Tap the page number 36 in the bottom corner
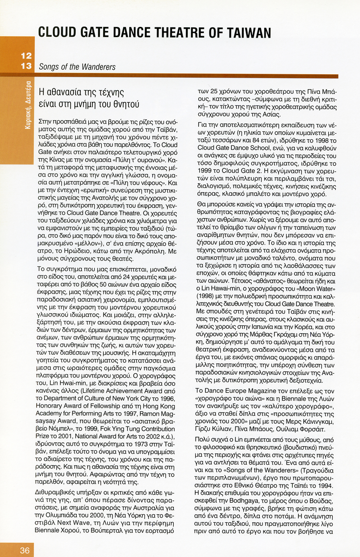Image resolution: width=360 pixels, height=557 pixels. [25, 550]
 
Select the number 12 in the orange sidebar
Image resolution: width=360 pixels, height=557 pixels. [26, 56]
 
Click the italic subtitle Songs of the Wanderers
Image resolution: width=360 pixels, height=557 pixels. [77, 67]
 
